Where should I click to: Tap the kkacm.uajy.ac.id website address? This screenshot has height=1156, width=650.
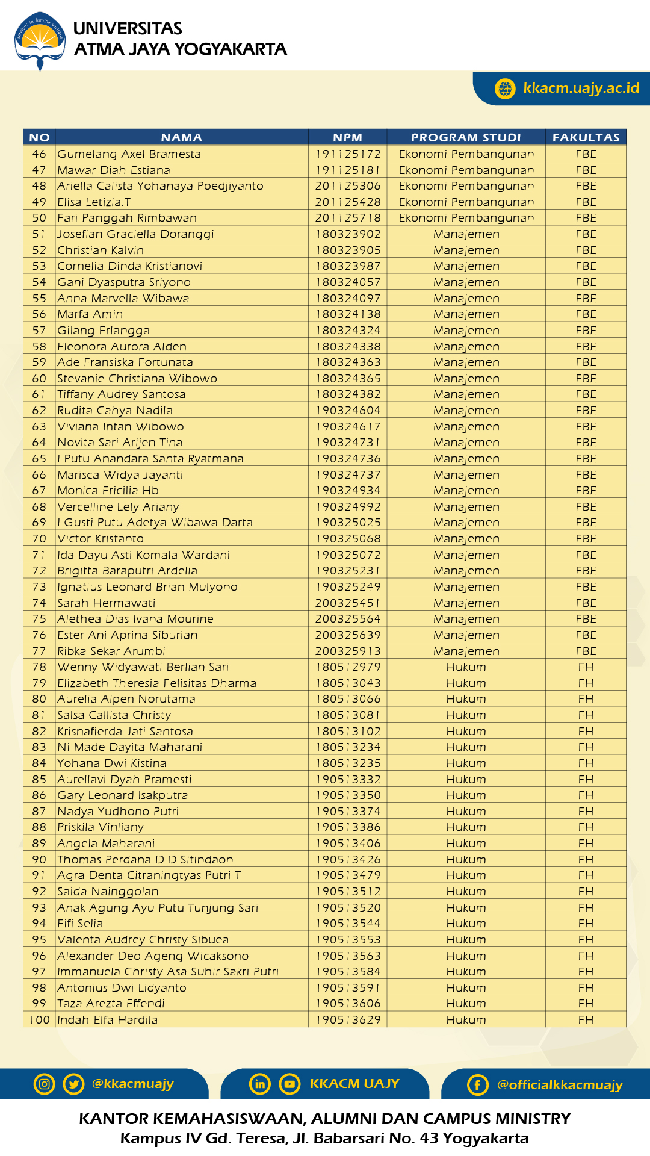(581, 89)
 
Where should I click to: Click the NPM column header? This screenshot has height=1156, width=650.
(347, 137)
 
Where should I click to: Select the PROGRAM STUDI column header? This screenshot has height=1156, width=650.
(466, 137)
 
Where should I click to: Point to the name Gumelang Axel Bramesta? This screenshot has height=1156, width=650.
(129, 154)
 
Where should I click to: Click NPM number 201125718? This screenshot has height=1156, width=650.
(348, 218)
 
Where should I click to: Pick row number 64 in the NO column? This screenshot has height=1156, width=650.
(39, 443)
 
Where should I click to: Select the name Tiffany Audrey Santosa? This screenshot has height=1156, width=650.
(121, 394)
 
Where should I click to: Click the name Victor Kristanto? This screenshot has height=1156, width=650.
(101, 539)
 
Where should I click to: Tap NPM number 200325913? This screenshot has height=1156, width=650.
(348, 651)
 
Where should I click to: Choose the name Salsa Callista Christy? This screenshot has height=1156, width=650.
(114, 715)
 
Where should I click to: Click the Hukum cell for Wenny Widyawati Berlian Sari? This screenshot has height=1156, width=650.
(466, 667)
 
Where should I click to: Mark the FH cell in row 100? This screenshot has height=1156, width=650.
(586, 1020)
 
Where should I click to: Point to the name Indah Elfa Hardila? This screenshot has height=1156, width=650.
(107, 1020)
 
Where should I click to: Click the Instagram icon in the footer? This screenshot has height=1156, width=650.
(45, 1084)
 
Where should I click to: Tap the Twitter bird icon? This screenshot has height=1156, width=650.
(73, 1084)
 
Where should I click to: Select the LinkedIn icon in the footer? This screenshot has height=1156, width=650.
(260, 1084)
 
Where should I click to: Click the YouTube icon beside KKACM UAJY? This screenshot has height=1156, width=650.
(289, 1084)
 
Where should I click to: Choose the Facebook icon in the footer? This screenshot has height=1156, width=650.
(477, 1085)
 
